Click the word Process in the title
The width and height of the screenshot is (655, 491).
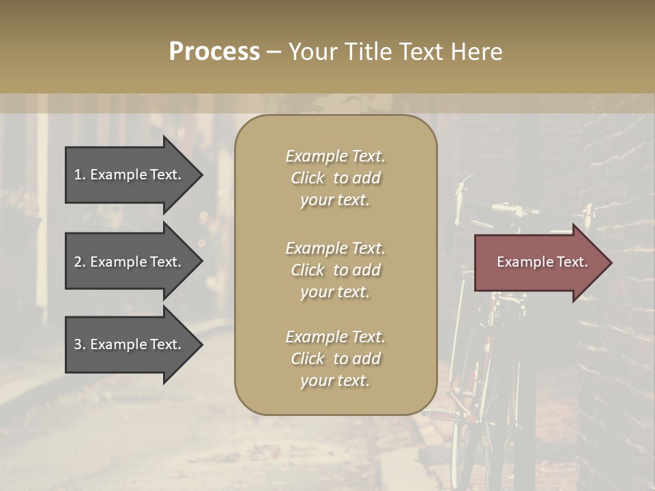[x=214, y=52]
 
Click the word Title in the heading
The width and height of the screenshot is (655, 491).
[x=367, y=52]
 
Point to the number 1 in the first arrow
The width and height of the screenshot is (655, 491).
[x=78, y=175]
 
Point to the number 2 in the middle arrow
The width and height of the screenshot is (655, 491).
[x=78, y=262]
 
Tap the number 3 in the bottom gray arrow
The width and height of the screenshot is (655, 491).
[x=78, y=344]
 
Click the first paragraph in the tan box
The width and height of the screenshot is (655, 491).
[x=336, y=178]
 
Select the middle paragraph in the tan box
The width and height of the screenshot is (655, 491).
[x=336, y=270]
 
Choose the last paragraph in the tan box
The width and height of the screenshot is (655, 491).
[x=336, y=359]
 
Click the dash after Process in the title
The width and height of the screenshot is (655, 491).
[x=274, y=52]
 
